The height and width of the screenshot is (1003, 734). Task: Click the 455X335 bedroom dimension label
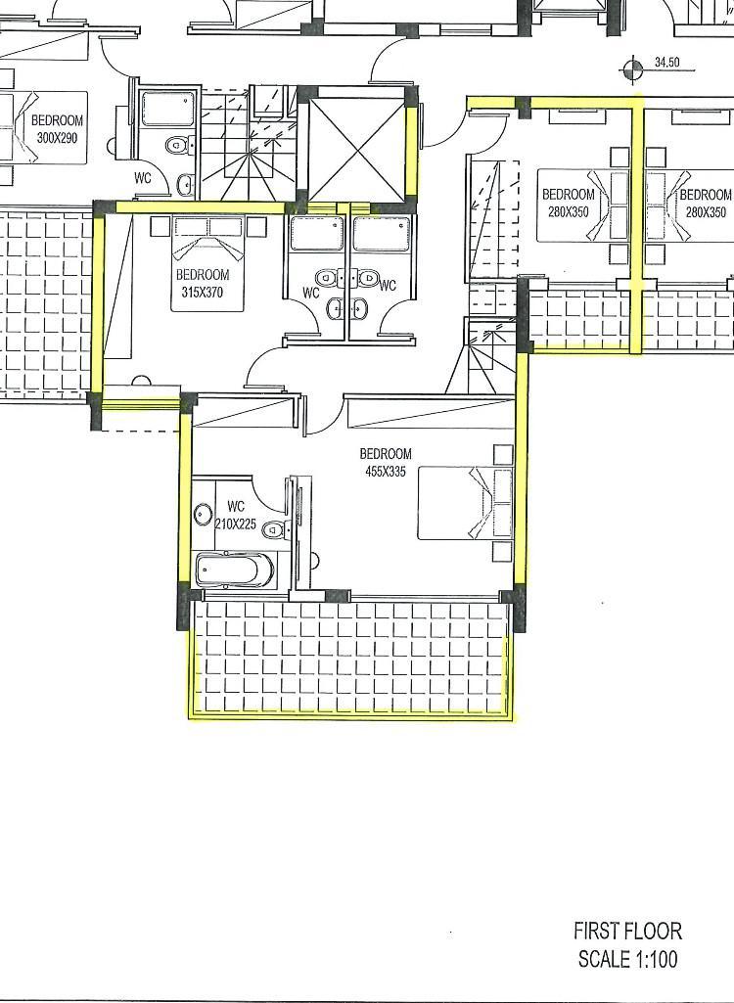coord(385,472)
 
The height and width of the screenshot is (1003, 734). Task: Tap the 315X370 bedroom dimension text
coord(203,294)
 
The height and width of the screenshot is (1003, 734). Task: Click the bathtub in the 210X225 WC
coord(235,569)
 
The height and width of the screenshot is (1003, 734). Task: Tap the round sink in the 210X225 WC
coord(204,515)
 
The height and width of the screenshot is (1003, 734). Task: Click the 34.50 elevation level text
coord(666,63)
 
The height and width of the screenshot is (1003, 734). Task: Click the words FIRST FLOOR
coord(627,930)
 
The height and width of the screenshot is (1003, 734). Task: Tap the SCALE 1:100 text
coord(627,959)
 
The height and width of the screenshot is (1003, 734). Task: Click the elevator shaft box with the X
coord(356,151)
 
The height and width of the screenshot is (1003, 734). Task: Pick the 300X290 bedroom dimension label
coord(58,136)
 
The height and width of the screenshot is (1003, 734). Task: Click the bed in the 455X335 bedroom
coord(465,503)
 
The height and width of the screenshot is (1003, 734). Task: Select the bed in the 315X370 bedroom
coord(207,263)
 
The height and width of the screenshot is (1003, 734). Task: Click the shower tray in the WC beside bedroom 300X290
coord(167,109)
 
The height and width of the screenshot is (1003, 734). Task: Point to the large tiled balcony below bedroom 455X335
coord(350,658)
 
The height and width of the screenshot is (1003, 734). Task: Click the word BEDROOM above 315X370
coord(203,276)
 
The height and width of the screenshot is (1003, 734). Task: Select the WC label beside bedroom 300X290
coord(143,178)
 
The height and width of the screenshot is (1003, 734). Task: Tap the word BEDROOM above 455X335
coord(386,454)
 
